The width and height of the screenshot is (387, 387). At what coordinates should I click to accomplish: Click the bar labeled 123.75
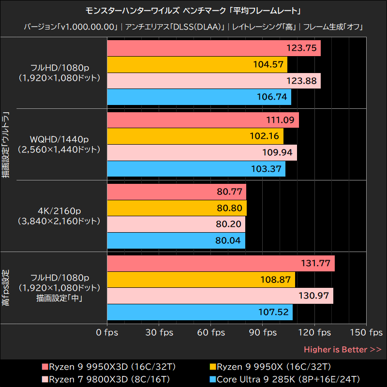click(x=213, y=48)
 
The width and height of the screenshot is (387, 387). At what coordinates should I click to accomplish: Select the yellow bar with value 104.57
click(x=196, y=64)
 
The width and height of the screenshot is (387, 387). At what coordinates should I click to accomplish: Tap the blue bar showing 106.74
click(x=198, y=97)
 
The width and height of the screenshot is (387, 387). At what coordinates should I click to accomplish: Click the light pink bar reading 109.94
click(x=201, y=152)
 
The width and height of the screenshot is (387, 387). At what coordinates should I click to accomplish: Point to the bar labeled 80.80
click(x=176, y=208)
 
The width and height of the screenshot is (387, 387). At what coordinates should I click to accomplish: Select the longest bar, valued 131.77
click(x=220, y=264)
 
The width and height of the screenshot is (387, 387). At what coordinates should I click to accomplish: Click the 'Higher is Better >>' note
click(x=342, y=349)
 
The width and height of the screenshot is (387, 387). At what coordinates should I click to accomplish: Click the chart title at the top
click(x=193, y=10)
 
